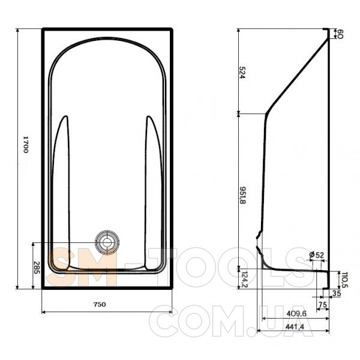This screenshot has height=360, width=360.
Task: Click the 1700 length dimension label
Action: tap(25, 145)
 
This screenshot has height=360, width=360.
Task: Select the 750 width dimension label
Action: tap(100, 304)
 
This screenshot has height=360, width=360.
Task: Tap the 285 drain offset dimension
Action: tap(37, 268)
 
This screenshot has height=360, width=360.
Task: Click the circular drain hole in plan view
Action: tap(107, 242)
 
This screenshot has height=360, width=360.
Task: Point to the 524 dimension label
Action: tap(242, 73)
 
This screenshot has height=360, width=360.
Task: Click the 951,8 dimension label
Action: tap(242, 195)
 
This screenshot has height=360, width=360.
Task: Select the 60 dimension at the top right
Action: tap(340, 34)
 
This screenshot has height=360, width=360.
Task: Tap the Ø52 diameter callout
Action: tap(316, 255)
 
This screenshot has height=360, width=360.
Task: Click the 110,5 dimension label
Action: tap(345, 280)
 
